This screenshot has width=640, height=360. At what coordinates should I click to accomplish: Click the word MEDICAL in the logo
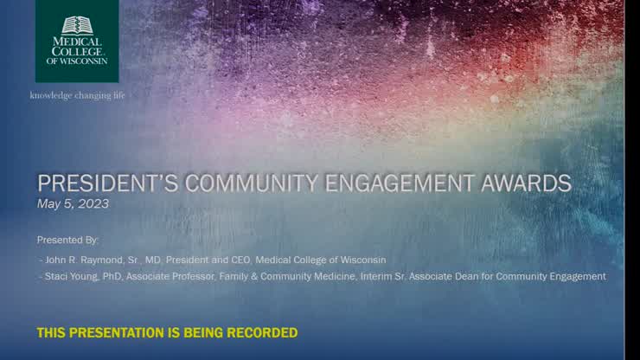[x=77, y=41]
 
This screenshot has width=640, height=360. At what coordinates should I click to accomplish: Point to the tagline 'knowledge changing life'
[x=78, y=94]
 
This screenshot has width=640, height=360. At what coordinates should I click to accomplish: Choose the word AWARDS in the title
[x=530, y=183]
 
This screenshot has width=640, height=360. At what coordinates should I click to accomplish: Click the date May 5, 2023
[x=73, y=204]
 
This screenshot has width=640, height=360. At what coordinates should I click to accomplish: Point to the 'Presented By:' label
[x=68, y=239]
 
